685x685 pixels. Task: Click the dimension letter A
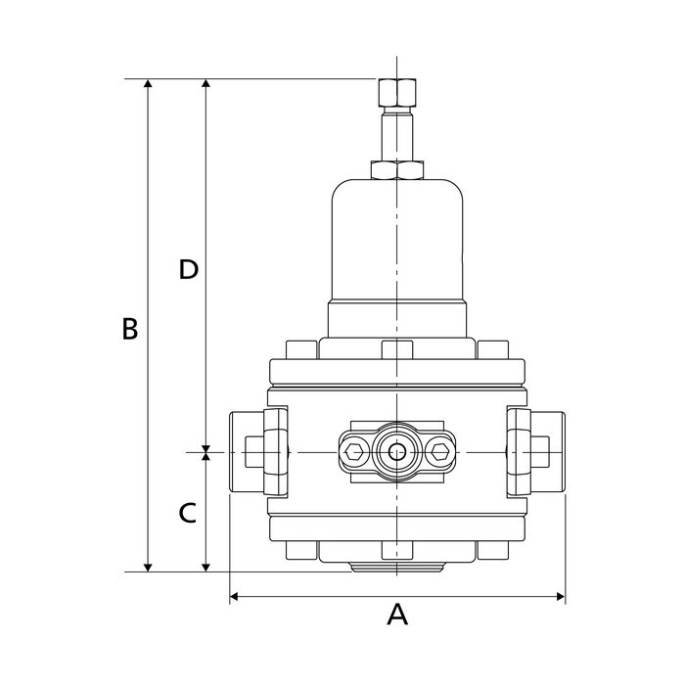coord(396,615)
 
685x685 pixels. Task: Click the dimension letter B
coord(129,329)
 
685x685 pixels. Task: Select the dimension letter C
coord(188,511)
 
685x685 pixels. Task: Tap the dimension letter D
coord(189,270)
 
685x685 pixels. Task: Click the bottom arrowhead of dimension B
coord(148,565)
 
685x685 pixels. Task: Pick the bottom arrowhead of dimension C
coord(205,565)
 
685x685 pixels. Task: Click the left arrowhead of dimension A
coord(236,595)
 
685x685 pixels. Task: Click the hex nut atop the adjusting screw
coord(395,94)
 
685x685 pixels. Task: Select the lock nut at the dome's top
coord(396,170)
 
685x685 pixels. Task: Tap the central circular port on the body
coord(396,452)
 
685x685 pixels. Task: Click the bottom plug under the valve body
coord(396,567)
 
